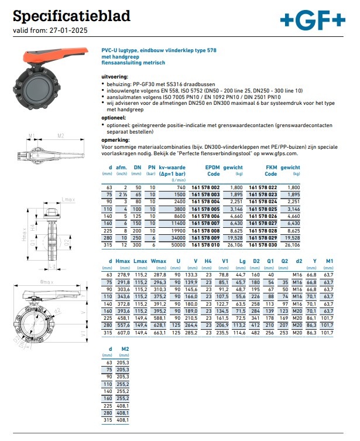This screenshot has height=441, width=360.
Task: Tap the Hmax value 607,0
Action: point(124,332)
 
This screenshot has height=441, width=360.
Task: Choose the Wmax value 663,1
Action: point(159,332)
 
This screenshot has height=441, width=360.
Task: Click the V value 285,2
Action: point(191,332)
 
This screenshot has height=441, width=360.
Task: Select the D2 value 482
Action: point(255,332)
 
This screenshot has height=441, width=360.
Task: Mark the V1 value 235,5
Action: point(223,332)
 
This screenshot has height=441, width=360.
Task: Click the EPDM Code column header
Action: point(212,170)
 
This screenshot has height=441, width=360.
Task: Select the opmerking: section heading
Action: point(116,141)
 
